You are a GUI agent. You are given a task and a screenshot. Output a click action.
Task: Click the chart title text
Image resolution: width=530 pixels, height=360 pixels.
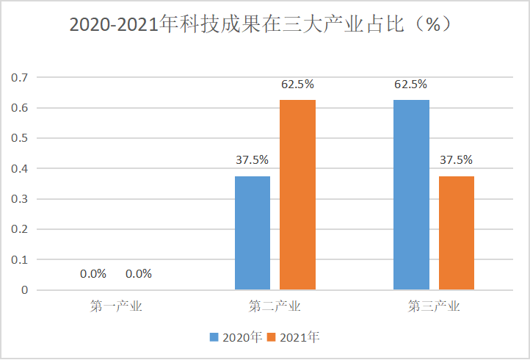coord(261,24)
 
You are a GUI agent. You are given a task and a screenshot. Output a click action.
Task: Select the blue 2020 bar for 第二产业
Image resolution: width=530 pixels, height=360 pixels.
coord(253,233)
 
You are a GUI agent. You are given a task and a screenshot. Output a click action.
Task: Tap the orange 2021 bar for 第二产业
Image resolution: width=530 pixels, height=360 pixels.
coord(297,195)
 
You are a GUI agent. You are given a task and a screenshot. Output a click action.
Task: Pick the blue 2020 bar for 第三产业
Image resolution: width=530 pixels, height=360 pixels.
coord(411,195)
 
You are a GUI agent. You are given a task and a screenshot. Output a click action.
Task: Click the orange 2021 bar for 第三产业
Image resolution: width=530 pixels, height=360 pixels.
coord(456,233)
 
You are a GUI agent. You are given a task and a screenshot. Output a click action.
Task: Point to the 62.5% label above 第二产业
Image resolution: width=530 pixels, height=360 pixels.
coord(297,84)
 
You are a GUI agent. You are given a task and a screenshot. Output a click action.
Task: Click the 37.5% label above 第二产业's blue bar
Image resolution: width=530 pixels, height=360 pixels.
coord(252,159)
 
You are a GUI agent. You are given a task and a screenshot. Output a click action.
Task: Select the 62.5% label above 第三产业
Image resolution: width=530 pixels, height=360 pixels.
coord(410,84)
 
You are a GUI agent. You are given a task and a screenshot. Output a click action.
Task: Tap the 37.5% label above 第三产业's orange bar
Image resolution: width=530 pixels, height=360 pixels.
coord(456,159)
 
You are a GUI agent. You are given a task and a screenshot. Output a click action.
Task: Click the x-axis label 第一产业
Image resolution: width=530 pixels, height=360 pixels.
coord(116,306)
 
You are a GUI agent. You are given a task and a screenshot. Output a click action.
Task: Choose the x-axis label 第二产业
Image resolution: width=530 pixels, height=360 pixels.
coord(275,306)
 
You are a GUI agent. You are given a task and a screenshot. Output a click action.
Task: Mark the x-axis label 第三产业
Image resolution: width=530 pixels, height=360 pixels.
coord(434,306)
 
